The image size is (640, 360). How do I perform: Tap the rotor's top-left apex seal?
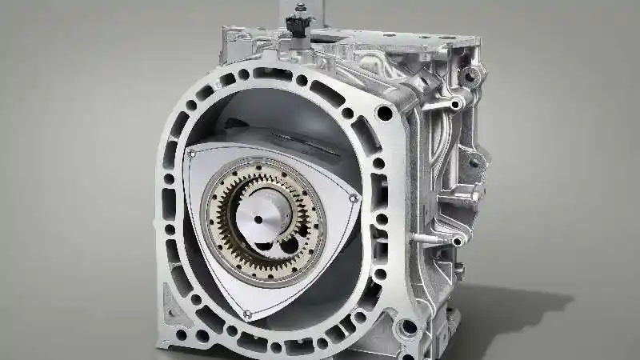point(191,151)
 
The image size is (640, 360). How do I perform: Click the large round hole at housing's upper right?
point(385,113)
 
